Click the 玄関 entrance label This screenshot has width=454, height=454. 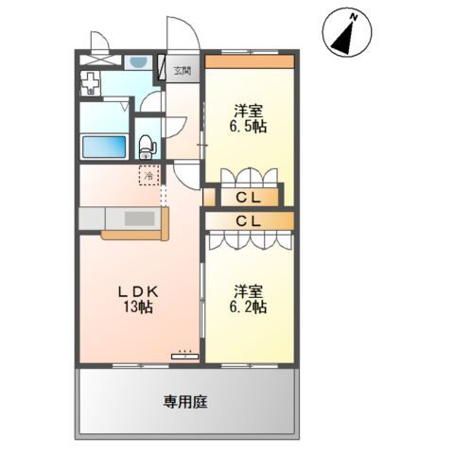pyautogui.click(x=183, y=71)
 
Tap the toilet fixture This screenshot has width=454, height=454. pyautogui.click(x=147, y=147)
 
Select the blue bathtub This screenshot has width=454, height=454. pyautogui.click(x=104, y=147)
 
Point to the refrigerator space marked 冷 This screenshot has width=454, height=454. pyautogui.click(x=149, y=175)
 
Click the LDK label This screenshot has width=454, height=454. pyautogui.click(x=138, y=292)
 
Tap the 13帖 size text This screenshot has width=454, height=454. pyautogui.click(x=138, y=307)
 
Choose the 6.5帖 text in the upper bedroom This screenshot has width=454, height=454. pyautogui.click(x=248, y=127)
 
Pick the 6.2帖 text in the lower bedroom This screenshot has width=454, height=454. pyautogui.click(x=248, y=306)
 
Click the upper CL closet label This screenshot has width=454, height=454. pyautogui.click(x=249, y=198)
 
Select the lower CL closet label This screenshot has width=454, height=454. pyautogui.click(x=249, y=221)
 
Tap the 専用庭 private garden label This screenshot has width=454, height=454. pyautogui.click(x=185, y=402)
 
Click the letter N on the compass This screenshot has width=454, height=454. pyautogui.click(x=354, y=18)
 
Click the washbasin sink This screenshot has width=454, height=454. pyautogui.click(x=138, y=62)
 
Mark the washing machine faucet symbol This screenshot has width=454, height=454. pyautogui.click(x=90, y=83)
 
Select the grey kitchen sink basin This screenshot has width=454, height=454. pyautogui.click(x=139, y=218)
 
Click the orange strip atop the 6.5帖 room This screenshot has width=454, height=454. pyautogui.click(x=250, y=61)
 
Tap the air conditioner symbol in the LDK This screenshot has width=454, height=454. pyautogui.click(x=184, y=357)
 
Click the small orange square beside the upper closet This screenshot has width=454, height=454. pyautogui.click(x=209, y=197)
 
